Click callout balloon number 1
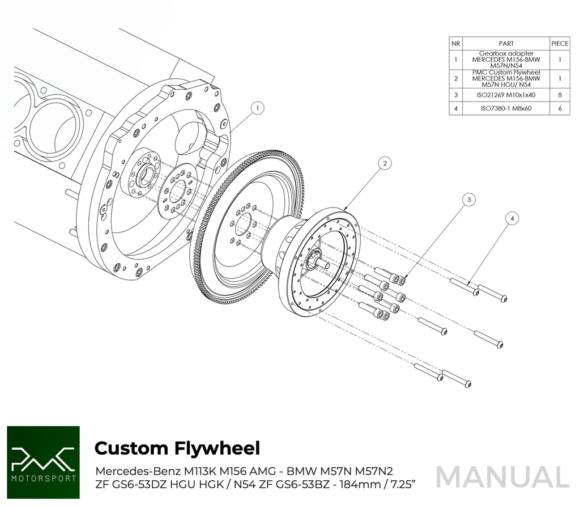pyautogui.click(x=257, y=107)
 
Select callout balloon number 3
pyautogui.click(x=468, y=199)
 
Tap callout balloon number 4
pyautogui.click(x=512, y=218)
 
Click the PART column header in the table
pyautogui.click(x=506, y=43)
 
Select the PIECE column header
pyautogui.click(x=560, y=43)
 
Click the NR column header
pyautogui.click(x=456, y=43)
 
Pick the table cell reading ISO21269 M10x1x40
pyautogui.click(x=506, y=95)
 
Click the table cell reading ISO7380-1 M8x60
pyautogui.click(x=506, y=108)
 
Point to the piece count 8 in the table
pyautogui.click(x=560, y=95)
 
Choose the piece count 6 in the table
pyautogui.click(x=560, y=108)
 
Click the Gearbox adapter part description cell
pyautogui.click(x=506, y=59)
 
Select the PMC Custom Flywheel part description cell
pyautogui.click(x=506, y=78)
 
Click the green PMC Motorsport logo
pyautogui.click(x=43, y=463)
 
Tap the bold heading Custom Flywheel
pyautogui.click(x=177, y=448)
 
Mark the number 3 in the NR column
pyautogui.click(x=456, y=95)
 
